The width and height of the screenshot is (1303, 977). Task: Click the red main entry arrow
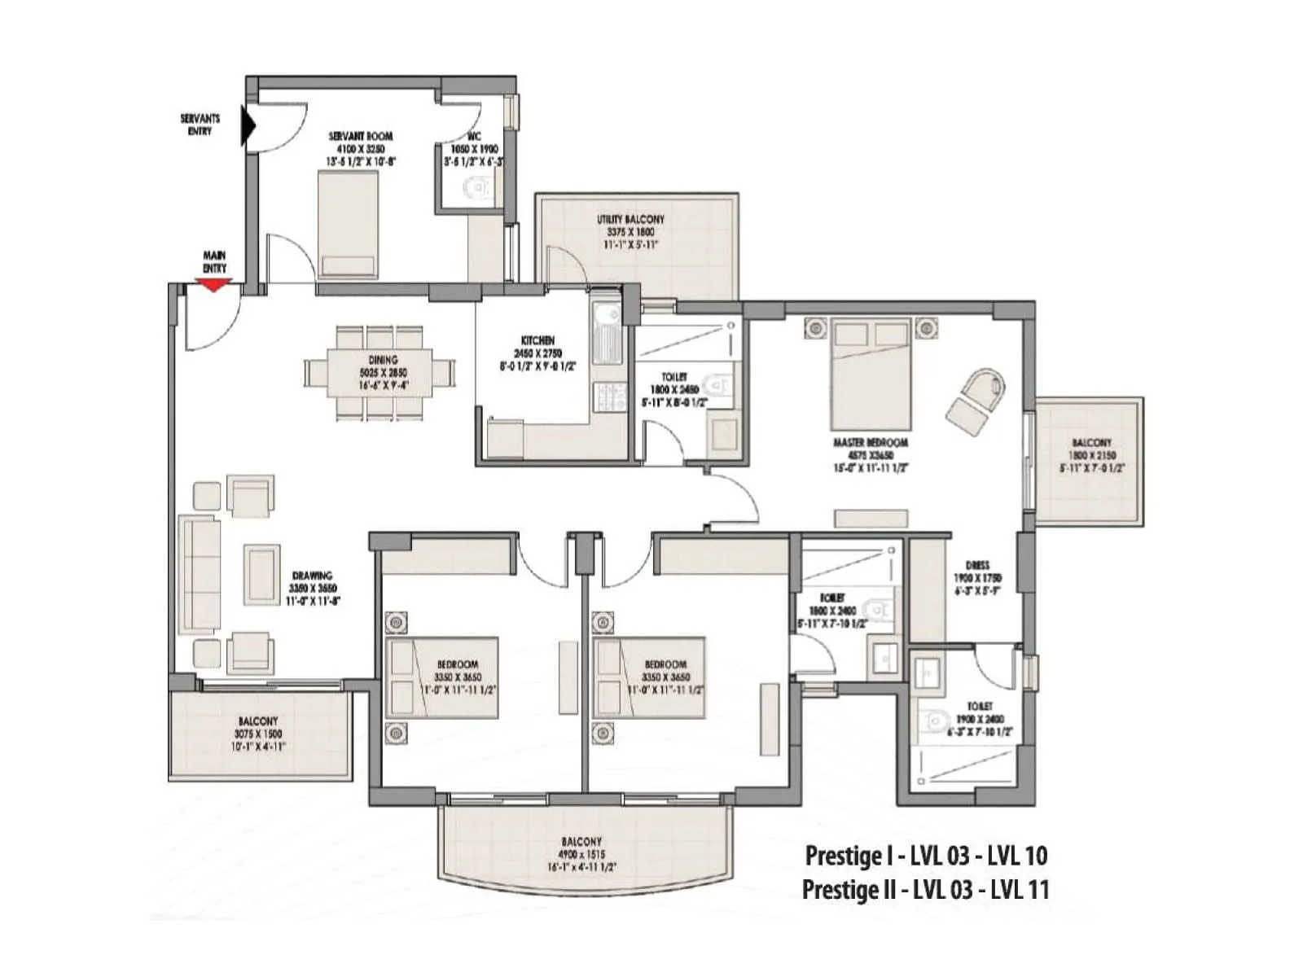pos(213,285)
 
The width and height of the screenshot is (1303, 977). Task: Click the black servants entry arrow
pos(248,127)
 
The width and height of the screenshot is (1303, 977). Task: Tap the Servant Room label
pos(361,148)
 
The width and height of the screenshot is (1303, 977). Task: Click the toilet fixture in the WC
pos(478,188)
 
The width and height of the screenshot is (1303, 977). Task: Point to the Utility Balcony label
pos(630,231)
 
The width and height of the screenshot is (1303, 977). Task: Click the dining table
pos(379,373)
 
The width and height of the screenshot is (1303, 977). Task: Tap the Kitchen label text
pos(537,353)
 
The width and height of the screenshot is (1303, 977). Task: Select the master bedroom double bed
pos(871,374)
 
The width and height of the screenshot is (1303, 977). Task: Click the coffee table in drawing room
pos(262,575)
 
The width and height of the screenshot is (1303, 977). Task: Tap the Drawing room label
pos(312,588)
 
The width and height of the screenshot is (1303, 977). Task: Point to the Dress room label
pos(977,577)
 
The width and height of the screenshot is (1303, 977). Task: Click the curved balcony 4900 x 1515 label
pos(581,854)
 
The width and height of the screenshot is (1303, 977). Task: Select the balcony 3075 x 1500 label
pos(258,733)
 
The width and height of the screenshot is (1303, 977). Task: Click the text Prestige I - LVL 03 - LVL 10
pos(926,856)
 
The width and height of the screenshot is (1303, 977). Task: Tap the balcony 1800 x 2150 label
pos(1092,456)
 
